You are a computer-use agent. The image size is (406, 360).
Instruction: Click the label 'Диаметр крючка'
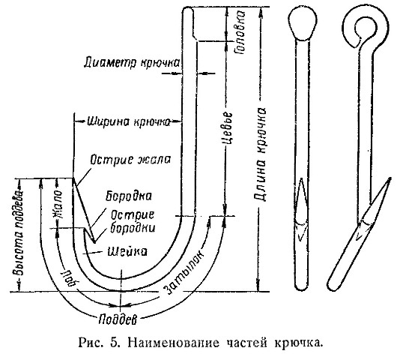point(132,63)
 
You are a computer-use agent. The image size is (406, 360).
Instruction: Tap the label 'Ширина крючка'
point(129,121)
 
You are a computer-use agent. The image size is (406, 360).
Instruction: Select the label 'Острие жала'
point(130,160)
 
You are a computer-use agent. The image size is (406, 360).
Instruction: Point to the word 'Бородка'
point(129,196)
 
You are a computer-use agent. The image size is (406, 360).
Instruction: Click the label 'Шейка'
point(127,251)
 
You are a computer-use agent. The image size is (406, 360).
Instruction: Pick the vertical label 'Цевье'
point(228,129)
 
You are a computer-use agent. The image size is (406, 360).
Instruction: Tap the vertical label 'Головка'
point(240,32)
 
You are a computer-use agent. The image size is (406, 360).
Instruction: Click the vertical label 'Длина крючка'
point(260,154)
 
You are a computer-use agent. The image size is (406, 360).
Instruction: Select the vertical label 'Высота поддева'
point(18,232)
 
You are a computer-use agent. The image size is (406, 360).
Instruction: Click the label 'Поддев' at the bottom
point(118,320)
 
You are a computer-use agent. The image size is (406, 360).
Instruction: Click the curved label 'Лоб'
point(68,278)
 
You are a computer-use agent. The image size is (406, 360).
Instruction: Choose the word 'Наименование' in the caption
point(173,343)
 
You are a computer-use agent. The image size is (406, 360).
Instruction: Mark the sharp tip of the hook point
point(72,178)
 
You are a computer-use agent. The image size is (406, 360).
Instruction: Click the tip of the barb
point(94,243)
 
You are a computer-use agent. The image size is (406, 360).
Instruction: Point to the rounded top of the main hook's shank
point(188,10)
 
